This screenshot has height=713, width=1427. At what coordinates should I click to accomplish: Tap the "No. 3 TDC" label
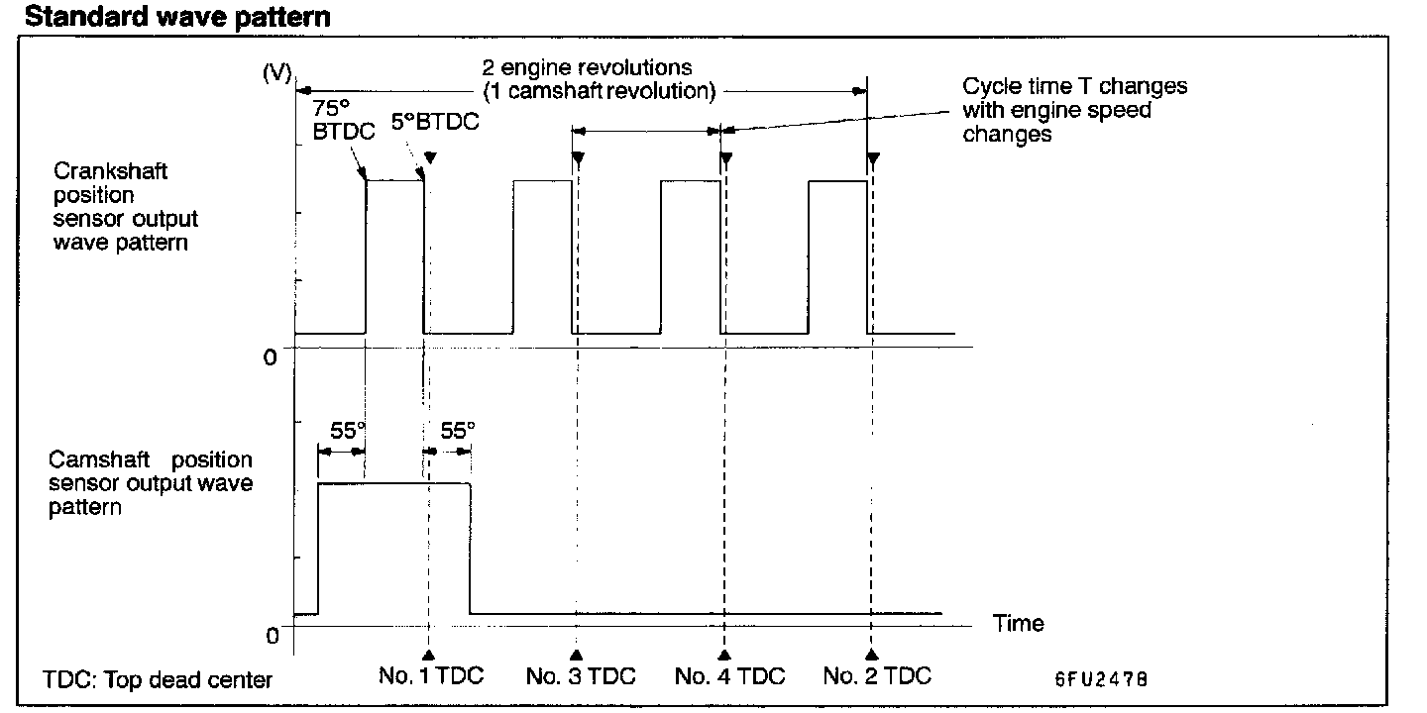click(580, 677)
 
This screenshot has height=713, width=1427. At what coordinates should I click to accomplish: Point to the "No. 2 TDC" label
click(877, 677)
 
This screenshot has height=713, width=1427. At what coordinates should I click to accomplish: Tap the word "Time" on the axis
click(1019, 623)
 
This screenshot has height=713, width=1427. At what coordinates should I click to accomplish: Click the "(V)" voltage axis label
click(276, 75)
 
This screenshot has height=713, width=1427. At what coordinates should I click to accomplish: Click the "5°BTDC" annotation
click(434, 123)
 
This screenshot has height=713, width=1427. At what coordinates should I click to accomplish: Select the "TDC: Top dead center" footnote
click(158, 680)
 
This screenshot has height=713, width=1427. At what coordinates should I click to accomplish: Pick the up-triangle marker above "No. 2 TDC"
click(873, 656)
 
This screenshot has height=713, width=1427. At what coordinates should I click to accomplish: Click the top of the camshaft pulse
click(393, 483)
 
